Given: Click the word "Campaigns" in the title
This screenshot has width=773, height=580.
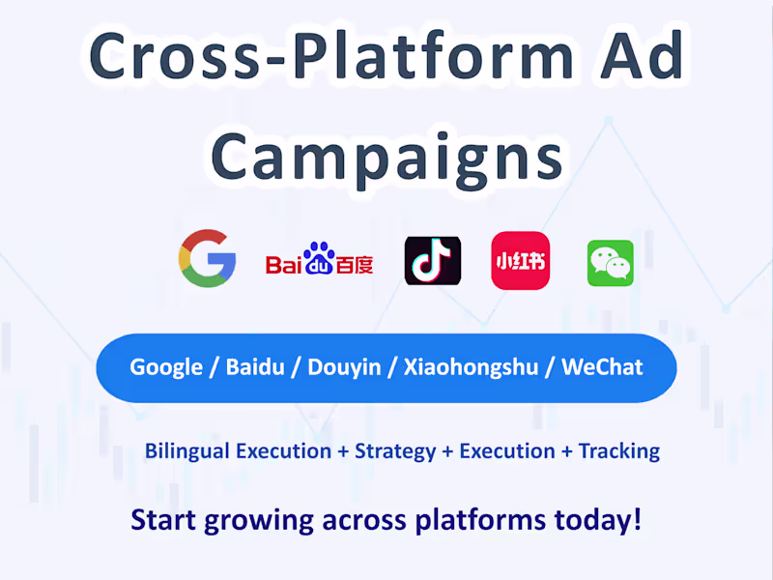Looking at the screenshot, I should pos(386,155).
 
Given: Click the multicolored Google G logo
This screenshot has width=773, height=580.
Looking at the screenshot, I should pos(208,258).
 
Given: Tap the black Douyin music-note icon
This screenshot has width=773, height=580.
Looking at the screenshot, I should pos(432,260).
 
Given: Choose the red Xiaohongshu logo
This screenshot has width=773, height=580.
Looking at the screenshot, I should pos(520,260).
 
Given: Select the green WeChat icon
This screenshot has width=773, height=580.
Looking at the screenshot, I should pos(611,263).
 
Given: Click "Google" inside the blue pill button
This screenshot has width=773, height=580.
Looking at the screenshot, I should pos(166,367).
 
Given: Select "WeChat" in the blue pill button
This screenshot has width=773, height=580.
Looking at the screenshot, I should pos(602,367).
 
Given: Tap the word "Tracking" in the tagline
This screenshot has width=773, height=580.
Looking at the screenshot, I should pos(618,450).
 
